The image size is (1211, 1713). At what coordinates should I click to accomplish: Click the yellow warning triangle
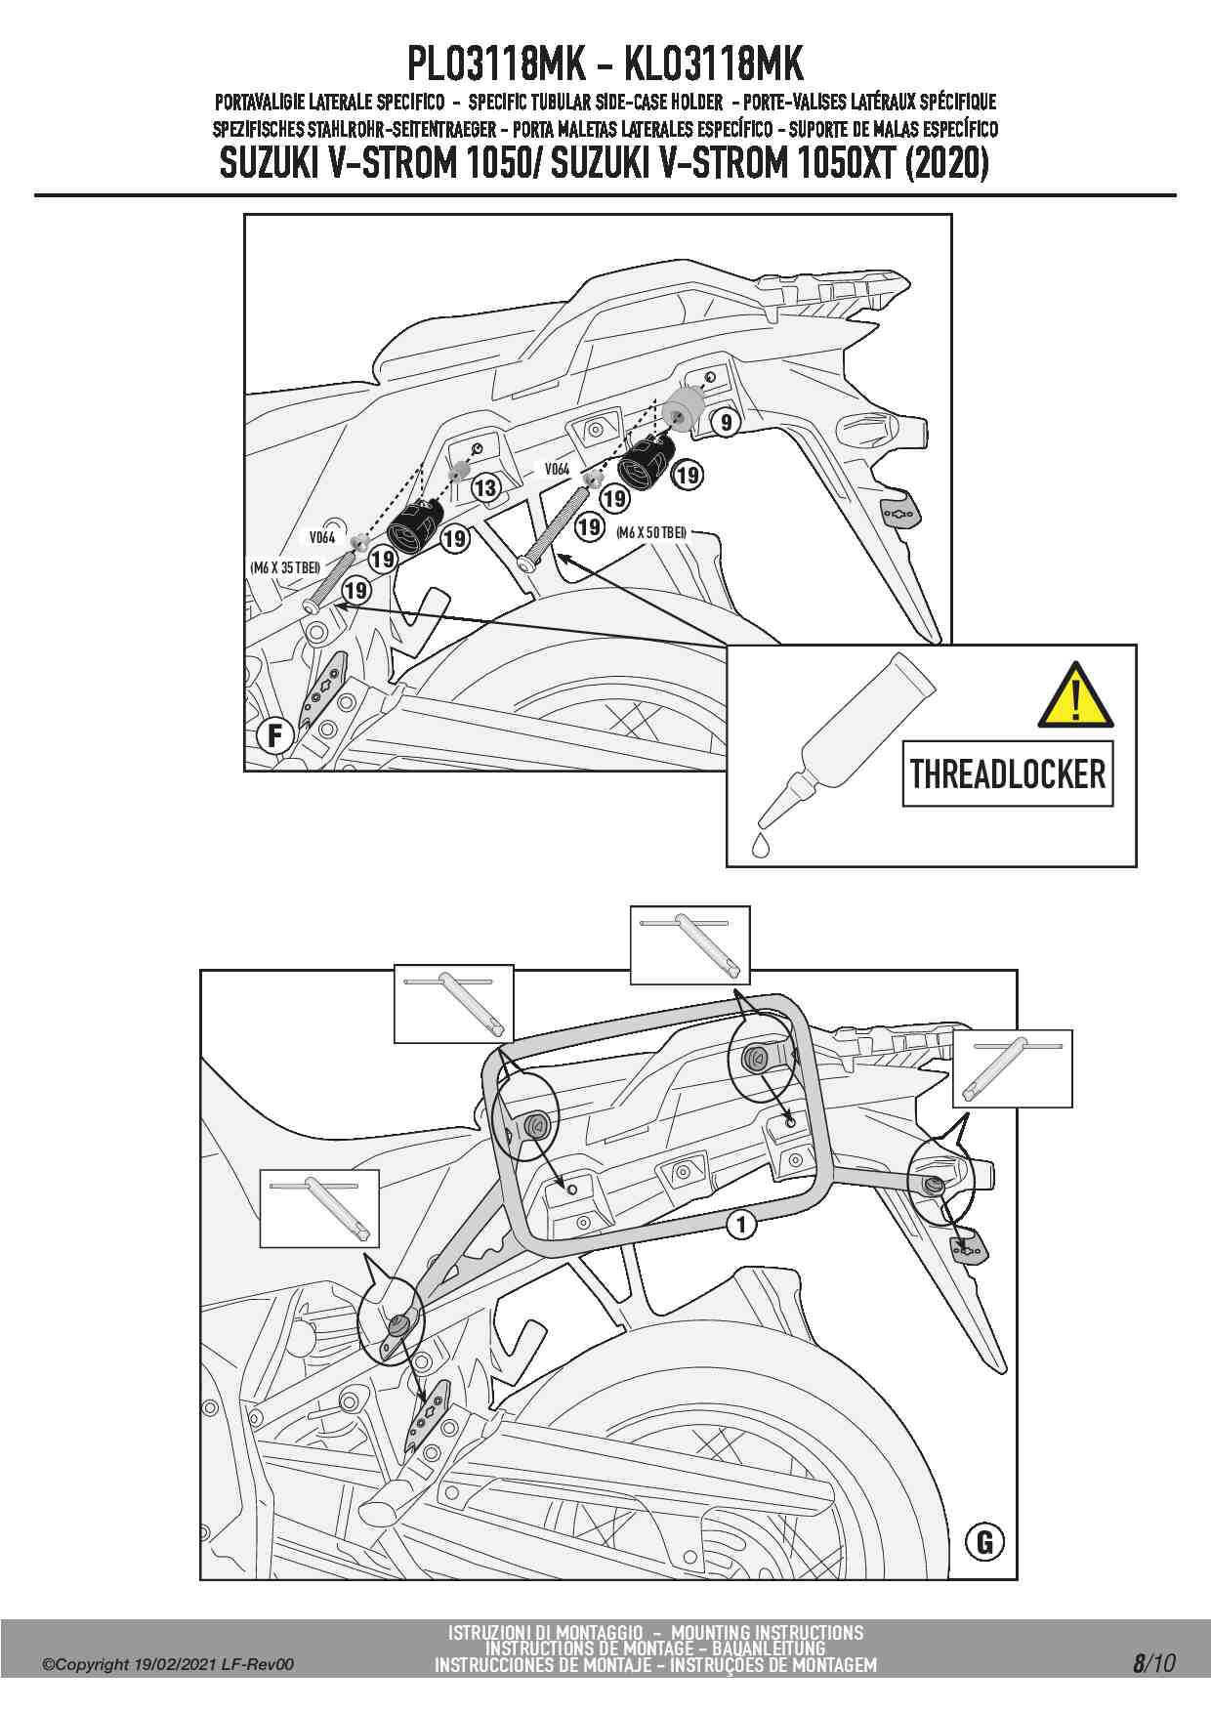point(1075,696)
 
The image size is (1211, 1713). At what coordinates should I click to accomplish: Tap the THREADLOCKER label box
point(1008,773)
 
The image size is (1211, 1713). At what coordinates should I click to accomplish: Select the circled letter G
point(983,1541)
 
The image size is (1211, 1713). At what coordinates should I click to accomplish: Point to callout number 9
point(726,423)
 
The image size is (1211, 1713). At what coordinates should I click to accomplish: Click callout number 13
point(485,487)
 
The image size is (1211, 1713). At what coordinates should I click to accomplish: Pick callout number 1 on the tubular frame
point(741,1224)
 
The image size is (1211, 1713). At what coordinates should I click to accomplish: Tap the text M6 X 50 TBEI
point(651,532)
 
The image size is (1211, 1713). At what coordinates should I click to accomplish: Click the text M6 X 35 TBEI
point(285,566)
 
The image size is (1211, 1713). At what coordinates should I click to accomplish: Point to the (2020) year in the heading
point(946,163)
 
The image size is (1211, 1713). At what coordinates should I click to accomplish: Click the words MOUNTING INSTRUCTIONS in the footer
point(767,1632)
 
